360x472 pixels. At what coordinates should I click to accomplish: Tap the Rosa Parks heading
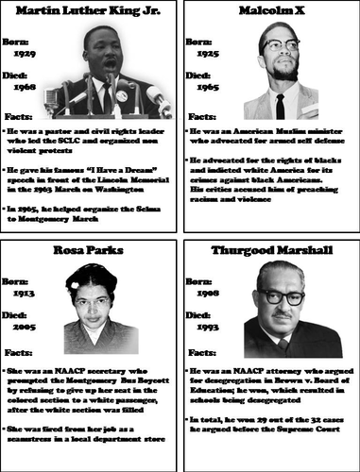(89, 249)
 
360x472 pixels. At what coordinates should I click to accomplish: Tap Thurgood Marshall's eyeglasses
(287, 295)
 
